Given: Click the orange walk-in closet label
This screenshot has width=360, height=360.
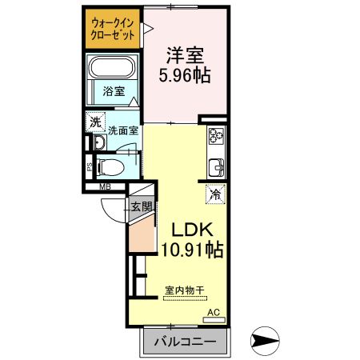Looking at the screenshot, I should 113,28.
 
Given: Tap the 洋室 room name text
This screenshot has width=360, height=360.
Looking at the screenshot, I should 185,56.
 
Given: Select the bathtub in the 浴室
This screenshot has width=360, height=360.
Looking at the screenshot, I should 113,69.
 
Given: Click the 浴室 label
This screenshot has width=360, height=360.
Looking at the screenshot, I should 113,92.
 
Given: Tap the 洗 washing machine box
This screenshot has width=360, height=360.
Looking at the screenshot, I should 95,122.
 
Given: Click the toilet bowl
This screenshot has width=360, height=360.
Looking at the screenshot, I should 113,168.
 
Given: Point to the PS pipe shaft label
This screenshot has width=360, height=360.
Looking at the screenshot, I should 89,168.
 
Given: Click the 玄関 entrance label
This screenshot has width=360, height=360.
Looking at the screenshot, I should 141,206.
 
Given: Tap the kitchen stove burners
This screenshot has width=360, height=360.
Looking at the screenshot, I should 216,137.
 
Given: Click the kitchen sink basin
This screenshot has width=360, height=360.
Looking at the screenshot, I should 216,169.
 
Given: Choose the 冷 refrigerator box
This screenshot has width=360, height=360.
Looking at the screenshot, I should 215,194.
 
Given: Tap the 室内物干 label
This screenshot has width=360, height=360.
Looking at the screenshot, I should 184,290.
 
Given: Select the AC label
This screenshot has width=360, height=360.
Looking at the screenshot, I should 213,311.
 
